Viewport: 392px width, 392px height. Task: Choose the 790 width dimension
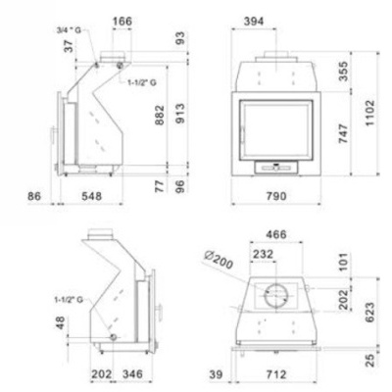click(x=276, y=197)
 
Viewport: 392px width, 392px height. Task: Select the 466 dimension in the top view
click(x=284, y=236)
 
